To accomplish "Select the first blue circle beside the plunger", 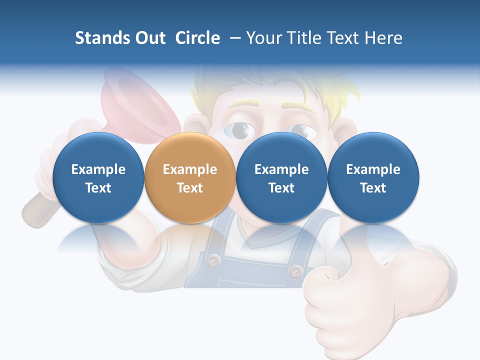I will [x=98, y=178].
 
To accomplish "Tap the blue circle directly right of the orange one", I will [x=281, y=178].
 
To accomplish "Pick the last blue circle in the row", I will [x=373, y=178].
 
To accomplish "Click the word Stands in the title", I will [x=102, y=38].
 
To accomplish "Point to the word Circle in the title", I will [x=197, y=38].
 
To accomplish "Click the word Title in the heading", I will [x=302, y=38].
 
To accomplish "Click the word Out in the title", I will [x=150, y=38].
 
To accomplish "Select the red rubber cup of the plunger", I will [x=131, y=102].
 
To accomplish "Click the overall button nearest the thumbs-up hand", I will [x=296, y=270].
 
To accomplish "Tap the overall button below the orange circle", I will [x=214, y=259].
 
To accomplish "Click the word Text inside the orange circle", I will [x=190, y=188].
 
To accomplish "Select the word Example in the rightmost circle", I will [x=373, y=169].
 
